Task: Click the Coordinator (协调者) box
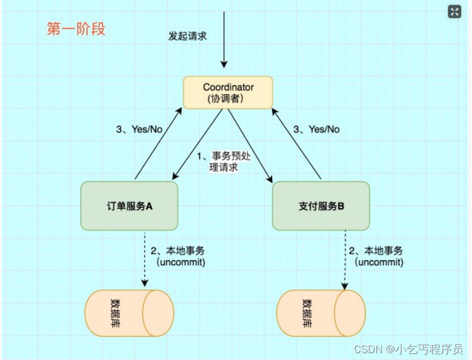(x=227, y=92)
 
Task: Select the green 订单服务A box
(x=129, y=207)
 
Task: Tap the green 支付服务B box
(x=321, y=207)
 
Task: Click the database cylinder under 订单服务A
(x=129, y=313)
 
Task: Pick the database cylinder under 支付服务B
(x=320, y=313)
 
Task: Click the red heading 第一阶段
(x=76, y=29)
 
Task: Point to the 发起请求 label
(x=188, y=36)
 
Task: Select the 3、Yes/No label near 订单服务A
(x=139, y=130)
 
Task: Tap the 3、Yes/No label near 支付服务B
(x=316, y=130)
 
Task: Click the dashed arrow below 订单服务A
(x=145, y=260)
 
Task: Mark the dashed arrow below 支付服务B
(x=345, y=260)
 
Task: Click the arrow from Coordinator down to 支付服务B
(x=251, y=145)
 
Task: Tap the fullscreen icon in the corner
(x=454, y=11)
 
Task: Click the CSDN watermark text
(x=408, y=349)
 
